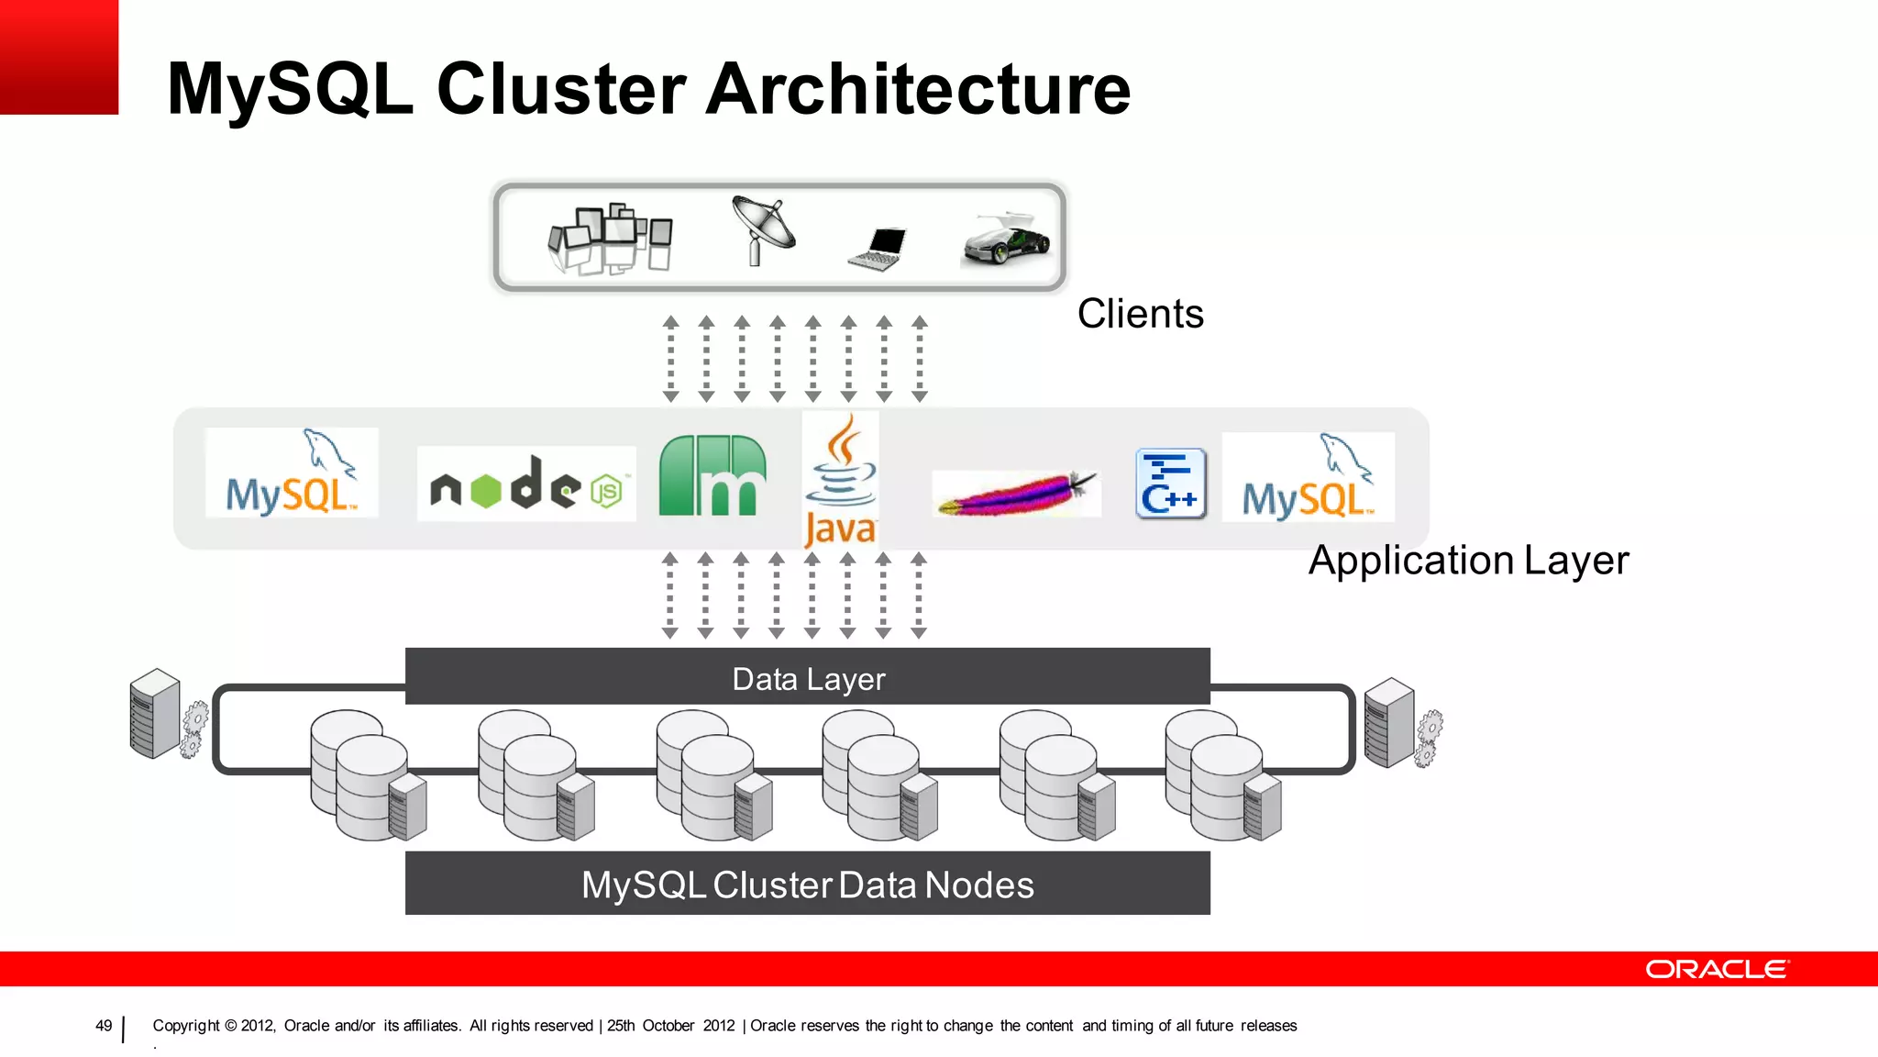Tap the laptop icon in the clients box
pyautogui.click(x=878, y=249)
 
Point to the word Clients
pyautogui.click(x=1140, y=314)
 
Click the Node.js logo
pyautogui.click(x=526, y=484)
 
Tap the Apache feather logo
pyautogui.click(x=1016, y=494)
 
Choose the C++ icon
pyautogui.click(x=1170, y=484)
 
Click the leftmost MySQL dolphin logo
pyautogui.click(x=292, y=473)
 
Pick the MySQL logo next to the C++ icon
pyautogui.click(x=1308, y=477)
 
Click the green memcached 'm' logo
pyautogui.click(x=713, y=476)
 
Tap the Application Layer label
pyautogui.click(x=1468, y=560)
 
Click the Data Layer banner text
pyautogui.click(x=808, y=679)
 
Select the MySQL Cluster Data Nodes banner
pyautogui.click(x=807, y=885)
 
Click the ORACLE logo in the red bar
pyautogui.click(x=1716, y=970)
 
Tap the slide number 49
pyautogui.click(x=104, y=1026)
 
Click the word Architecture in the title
pyautogui.click(x=919, y=89)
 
